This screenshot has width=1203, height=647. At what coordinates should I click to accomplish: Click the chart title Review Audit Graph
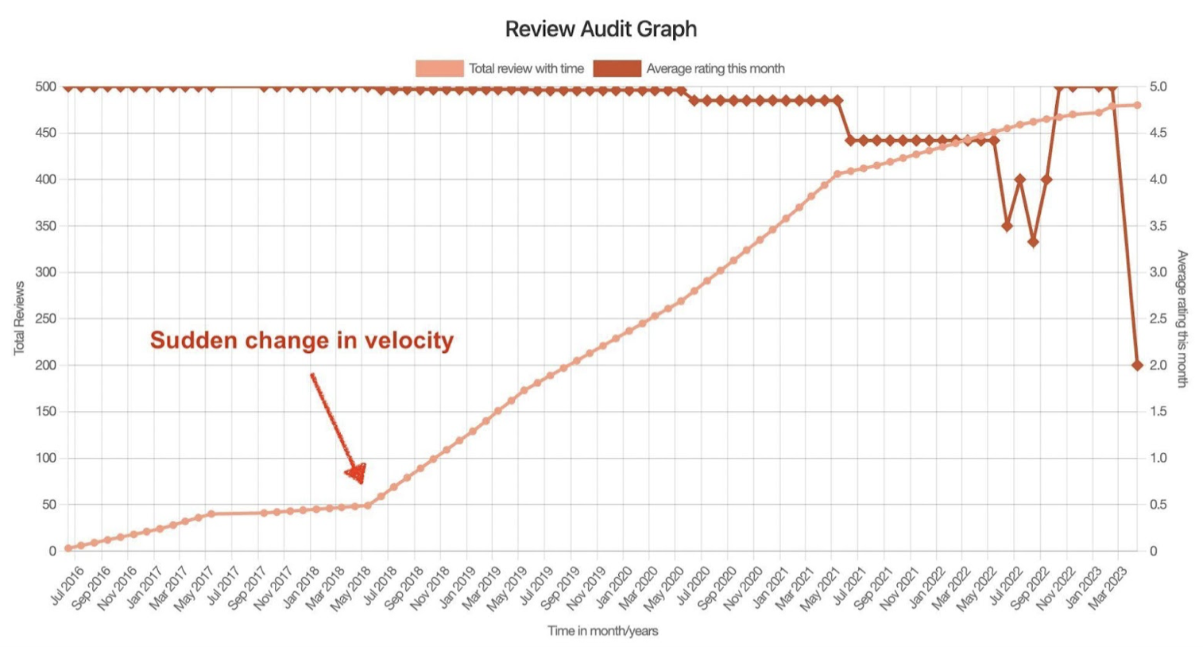[601, 29]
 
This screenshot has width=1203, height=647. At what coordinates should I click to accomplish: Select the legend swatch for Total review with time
[439, 69]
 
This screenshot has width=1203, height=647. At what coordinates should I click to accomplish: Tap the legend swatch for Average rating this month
[617, 69]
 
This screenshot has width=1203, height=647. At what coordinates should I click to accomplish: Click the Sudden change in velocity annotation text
[301, 341]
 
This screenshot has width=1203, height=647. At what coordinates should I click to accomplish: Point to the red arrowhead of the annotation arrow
[357, 473]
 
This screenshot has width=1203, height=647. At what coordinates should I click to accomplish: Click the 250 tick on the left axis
[46, 319]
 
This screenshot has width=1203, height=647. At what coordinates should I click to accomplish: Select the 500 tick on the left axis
[46, 87]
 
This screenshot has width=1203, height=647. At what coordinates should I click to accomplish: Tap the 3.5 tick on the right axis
[1158, 226]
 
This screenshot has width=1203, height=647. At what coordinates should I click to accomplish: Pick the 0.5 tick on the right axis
[1158, 505]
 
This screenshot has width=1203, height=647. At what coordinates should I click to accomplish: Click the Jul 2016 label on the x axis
[68, 585]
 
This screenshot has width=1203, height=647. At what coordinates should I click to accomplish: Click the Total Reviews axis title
[19, 318]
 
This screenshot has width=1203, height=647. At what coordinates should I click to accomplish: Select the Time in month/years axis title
[602, 631]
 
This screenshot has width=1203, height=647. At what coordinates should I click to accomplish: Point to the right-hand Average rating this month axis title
[1182, 318]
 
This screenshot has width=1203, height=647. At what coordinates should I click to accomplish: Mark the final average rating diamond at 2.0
[1137, 366]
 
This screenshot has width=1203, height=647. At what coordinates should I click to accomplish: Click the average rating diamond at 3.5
[1007, 226]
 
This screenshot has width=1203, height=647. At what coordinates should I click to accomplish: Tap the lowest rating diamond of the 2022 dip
[1033, 242]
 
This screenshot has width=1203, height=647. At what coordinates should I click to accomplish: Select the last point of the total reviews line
[1137, 105]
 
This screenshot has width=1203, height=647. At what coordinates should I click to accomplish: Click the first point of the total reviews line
[68, 548]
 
